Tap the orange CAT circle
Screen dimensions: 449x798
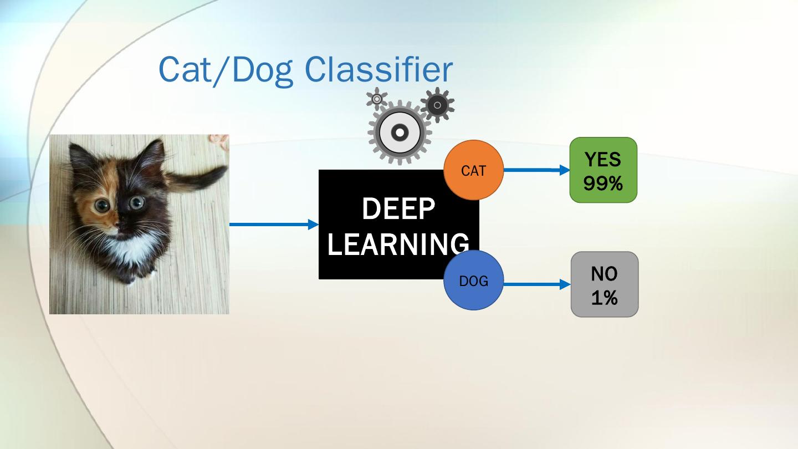pyautogui.click(x=473, y=170)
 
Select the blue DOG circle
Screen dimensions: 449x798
pyautogui.click(x=473, y=280)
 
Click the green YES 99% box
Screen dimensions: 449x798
pyautogui.click(x=603, y=170)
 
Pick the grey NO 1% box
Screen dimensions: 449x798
pyautogui.click(x=604, y=284)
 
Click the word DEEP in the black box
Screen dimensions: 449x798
pyautogui.click(x=398, y=209)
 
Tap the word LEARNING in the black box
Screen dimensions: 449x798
pyautogui.click(x=398, y=244)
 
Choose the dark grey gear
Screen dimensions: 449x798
pyautogui.click(x=437, y=105)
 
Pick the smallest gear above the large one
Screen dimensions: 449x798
pyautogui.click(x=377, y=99)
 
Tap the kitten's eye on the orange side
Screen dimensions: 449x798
pyautogui.click(x=101, y=206)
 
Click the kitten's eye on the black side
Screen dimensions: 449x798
pyautogui.click(x=136, y=203)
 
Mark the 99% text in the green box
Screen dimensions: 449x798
pyautogui.click(x=603, y=182)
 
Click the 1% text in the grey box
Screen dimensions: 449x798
pyautogui.click(x=604, y=298)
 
